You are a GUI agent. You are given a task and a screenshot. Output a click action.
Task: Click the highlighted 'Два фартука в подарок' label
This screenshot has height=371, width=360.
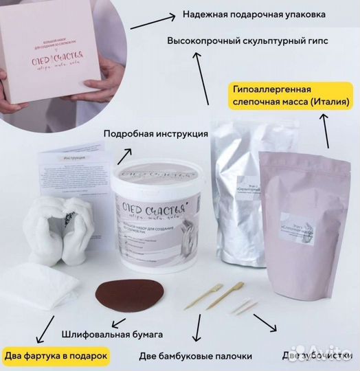click(x=58, y=355)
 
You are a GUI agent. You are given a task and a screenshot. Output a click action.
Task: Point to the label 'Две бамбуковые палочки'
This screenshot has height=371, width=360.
click(x=196, y=356)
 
